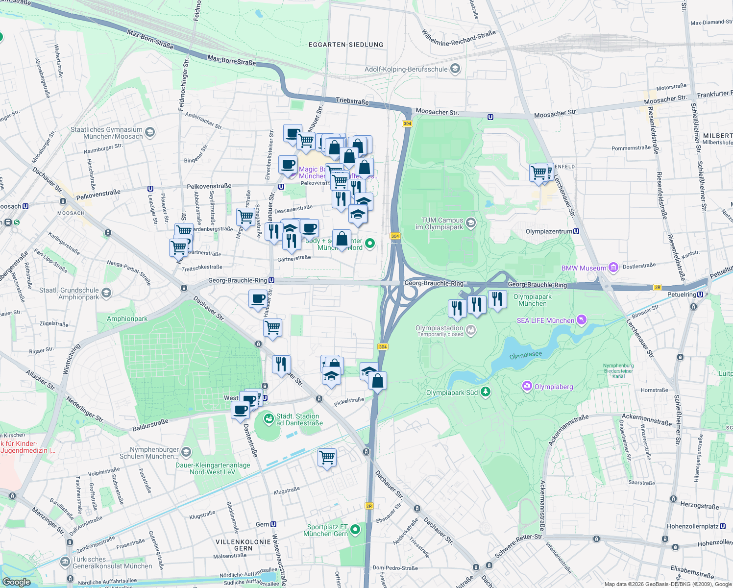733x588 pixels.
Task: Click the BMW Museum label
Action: [584, 268]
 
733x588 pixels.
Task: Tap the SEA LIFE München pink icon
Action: [581, 320]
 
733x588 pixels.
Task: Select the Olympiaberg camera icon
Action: [527, 386]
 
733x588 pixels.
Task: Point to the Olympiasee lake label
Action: [526, 355]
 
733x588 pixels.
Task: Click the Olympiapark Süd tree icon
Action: [485, 392]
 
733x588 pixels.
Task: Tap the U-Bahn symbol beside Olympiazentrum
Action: [576, 231]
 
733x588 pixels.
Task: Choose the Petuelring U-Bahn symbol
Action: [700, 294]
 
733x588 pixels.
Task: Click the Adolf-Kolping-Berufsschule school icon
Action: [455, 69]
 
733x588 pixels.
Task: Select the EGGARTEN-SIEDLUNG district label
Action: [346, 45]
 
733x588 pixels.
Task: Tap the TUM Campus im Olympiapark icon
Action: [470, 223]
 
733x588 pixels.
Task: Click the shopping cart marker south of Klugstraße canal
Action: [327, 458]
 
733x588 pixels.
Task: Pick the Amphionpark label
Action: [127, 318]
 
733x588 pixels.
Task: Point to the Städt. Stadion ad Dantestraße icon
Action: [269, 419]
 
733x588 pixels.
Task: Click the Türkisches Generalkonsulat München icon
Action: [65, 562]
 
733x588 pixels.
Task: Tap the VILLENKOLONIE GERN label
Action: [244, 545]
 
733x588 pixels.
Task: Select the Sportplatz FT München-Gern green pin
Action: [355, 530]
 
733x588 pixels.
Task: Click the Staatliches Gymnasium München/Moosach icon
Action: [150, 132]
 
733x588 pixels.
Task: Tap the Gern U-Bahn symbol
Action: [273, 524]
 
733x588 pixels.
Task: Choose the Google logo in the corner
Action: [16, 582]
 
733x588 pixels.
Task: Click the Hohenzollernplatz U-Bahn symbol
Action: [723, 526]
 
